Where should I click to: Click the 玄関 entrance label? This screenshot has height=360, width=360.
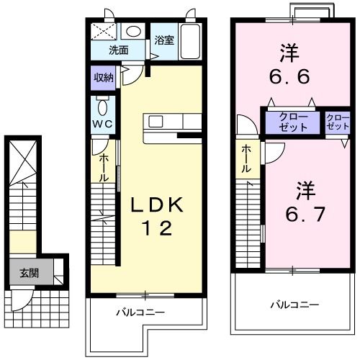(29, 273)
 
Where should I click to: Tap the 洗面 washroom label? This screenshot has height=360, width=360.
(119, 50)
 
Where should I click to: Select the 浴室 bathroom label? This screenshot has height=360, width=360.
(164, 40)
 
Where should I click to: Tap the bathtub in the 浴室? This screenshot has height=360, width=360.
(189, 42)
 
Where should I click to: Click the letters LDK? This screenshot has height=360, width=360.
(157, 205)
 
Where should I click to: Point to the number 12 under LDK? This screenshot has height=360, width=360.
(157, 229)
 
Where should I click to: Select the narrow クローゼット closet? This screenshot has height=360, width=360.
(337, 122)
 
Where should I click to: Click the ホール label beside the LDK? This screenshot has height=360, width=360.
(104, 167)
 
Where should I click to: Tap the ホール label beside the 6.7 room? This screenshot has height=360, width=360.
(246, 158)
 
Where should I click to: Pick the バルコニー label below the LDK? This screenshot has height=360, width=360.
(141, 312)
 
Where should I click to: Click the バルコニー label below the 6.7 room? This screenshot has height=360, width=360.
(294, 305)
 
